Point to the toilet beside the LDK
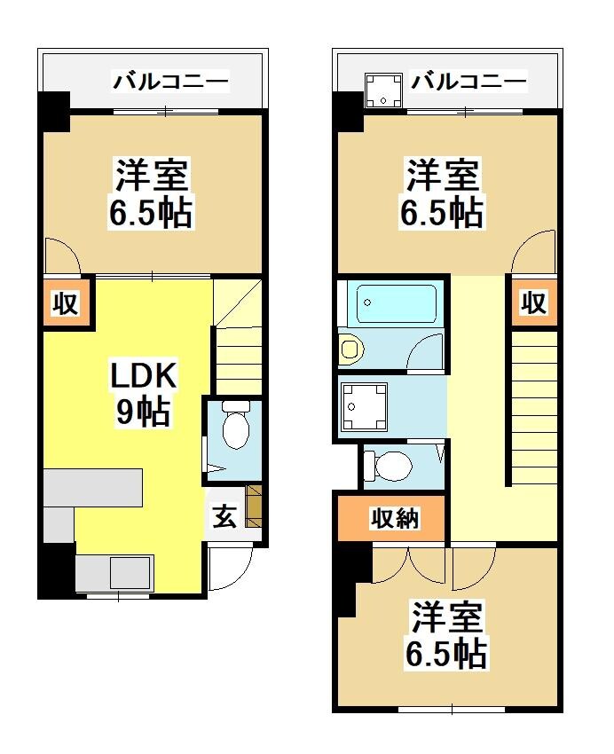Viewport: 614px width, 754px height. point(235,428)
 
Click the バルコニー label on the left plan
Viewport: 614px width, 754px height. point(171,83)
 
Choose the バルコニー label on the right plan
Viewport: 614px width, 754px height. point(469,83)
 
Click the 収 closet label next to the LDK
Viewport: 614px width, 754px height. point(66,304)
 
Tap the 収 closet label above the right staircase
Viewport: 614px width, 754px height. point(533,303)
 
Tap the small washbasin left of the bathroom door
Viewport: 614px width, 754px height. point(350,349)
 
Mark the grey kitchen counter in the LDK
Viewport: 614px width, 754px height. point(92,488)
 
